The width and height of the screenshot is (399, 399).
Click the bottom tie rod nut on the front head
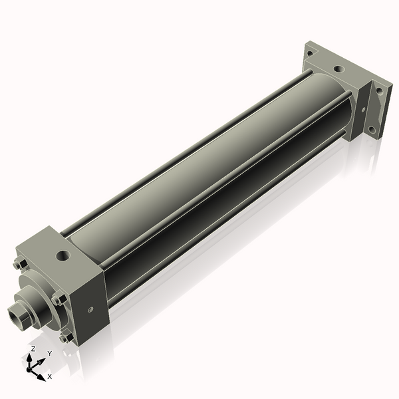pos(66,337)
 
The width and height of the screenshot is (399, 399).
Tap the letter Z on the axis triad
pos(33,348)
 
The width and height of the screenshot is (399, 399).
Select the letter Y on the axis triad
pos(49,353)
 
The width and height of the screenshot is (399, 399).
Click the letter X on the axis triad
pos(49,376)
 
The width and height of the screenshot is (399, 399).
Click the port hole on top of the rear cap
pos(338,68)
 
